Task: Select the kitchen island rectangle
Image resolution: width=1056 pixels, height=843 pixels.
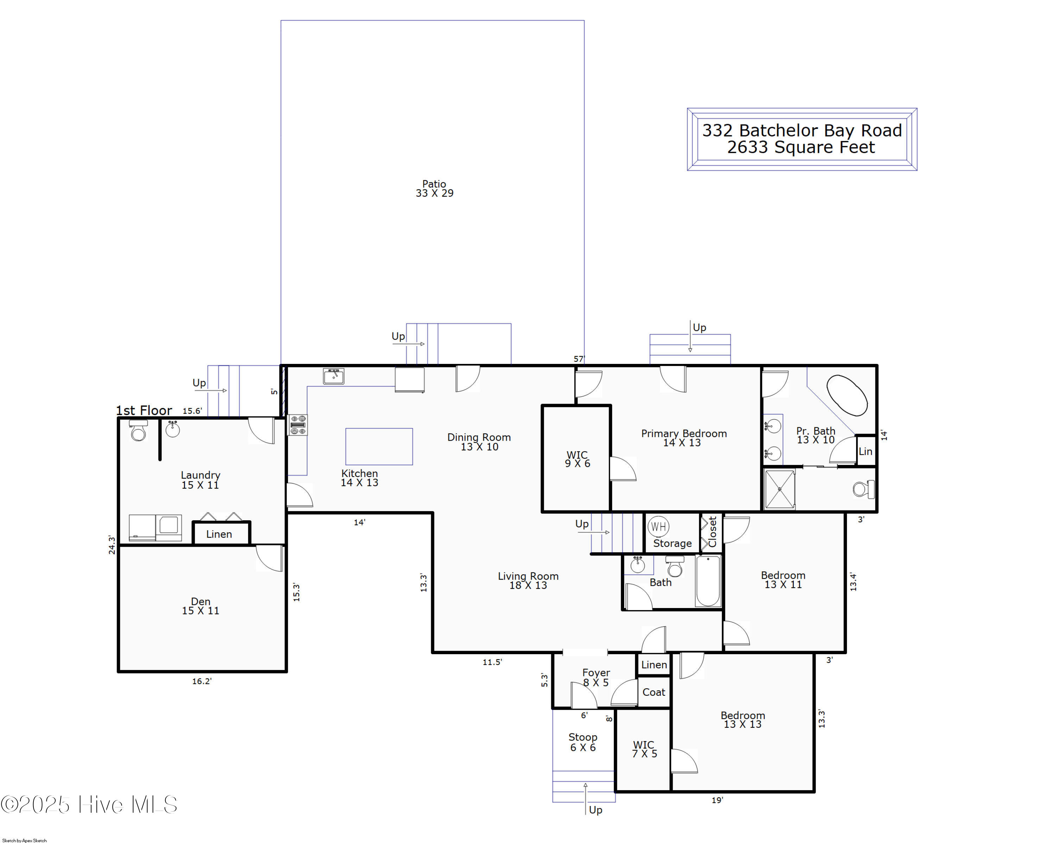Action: (x=379, y=446)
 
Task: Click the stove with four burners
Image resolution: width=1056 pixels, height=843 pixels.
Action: (x=298, y=425)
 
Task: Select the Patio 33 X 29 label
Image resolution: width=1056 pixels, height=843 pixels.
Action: (x=434, y=189)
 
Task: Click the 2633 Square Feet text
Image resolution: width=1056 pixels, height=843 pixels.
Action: (x=800, y=147)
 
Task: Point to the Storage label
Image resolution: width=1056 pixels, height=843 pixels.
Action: (x=672, y=544)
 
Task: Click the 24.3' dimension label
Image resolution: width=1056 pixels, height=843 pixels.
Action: (x=112, y=545)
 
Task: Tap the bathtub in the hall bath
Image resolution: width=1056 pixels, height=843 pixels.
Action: (x=708, y=581)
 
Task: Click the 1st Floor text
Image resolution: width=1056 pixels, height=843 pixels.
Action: (x=144, y=411)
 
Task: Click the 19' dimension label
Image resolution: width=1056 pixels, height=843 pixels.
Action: (x=717, y=800)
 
